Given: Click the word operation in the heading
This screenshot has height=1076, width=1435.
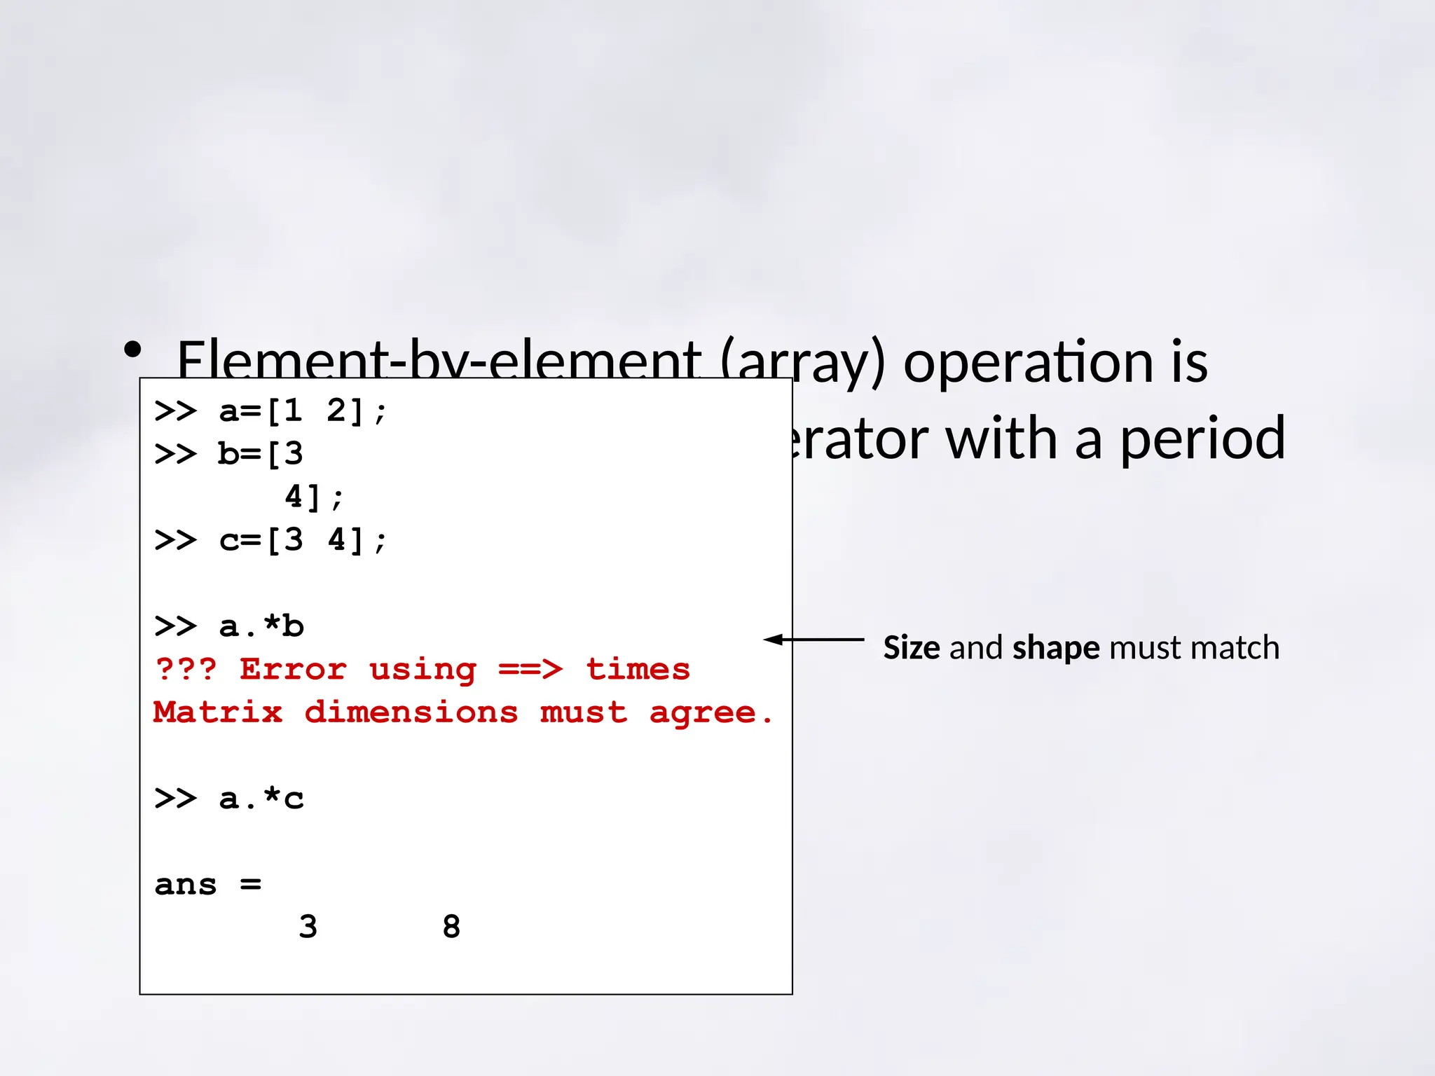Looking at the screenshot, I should pyautogui.click(x=1028, y=362).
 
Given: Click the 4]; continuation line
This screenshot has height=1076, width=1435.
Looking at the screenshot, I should pyautogui.click(x=313, y=497).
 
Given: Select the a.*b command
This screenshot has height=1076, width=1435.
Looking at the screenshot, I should pyautogui.click(x=261, y=626).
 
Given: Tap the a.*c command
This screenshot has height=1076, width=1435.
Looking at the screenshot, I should pyautogui.click(x=261, y=799).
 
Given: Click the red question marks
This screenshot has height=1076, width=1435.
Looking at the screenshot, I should pyautogui.click(x=186, y=669).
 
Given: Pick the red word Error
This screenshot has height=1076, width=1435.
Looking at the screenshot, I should pyautogui.click(x=293, y=670).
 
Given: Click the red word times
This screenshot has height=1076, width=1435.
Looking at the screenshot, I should pyautogui.click(x=638, y=670).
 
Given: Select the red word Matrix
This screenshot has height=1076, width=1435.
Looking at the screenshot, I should pyautogui.click(x=218, y=712).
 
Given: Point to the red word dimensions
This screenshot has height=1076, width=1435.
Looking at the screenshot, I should pyautogui.click(x=411, y=712).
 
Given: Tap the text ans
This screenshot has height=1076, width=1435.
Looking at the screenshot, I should pyautogui.click(x=186, y=885).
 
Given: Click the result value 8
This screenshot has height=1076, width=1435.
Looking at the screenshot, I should pyautogui.click(x=451, y=927).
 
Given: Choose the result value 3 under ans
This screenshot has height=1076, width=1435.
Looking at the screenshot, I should pyautogui.click(x=308, y=927).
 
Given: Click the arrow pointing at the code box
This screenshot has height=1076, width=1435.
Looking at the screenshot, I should pyautogui.click(x=813, y=640).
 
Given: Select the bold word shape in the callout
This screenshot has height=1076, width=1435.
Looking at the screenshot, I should pyautogui.click(x=1056, y=648).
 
